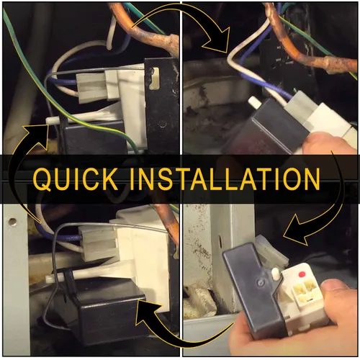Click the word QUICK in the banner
[76, 179]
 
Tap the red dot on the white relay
[302, 274]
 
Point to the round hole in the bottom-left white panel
[12, 222]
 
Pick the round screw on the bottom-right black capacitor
[261, 282]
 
